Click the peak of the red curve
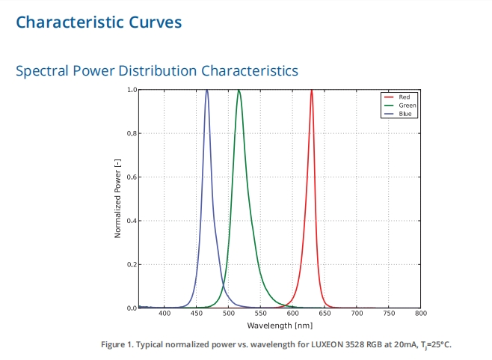pos(311,91)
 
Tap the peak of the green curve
pos(239,91)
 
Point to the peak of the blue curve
pos(206,91)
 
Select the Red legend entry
pos(404,97)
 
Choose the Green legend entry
pos(406,106)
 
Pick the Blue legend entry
pos(405,114)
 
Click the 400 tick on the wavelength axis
pos(164,314)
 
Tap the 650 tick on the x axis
pos(325,314)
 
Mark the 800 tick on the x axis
pos(421,314)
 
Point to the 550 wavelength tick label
pos(261,314)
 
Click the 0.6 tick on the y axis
pos(132,177)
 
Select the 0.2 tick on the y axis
pos(132,265)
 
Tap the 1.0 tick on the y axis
pos(132,90)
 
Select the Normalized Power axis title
pos(118,198)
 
